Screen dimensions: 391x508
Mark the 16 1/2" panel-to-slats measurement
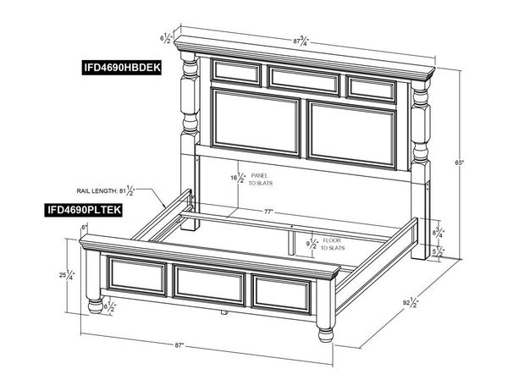(238, 178)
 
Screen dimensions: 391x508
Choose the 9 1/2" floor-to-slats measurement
(312, 245)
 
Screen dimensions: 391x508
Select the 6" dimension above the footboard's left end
(85, 229)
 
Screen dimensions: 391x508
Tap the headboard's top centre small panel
(304, 77)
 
